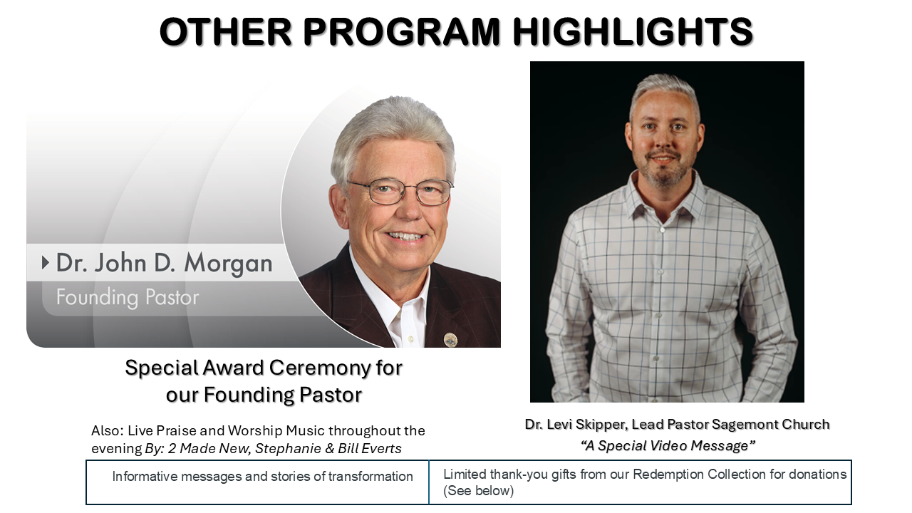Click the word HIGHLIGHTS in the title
[x=633, y=31]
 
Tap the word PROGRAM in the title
[x=401, y=31]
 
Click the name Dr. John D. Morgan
[x=164, y=263]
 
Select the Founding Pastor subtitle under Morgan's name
[x=128, y=297]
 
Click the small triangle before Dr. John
[x=45, y=263]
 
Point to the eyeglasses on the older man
[x=400, y=192]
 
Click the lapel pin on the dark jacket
[x=450, y=339]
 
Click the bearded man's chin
[x=663, y=179]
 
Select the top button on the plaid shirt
[x=663, y=230]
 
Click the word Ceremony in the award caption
[x=320, y=368]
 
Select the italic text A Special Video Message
[x=668, y=445]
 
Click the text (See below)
[x=478, y=491]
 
